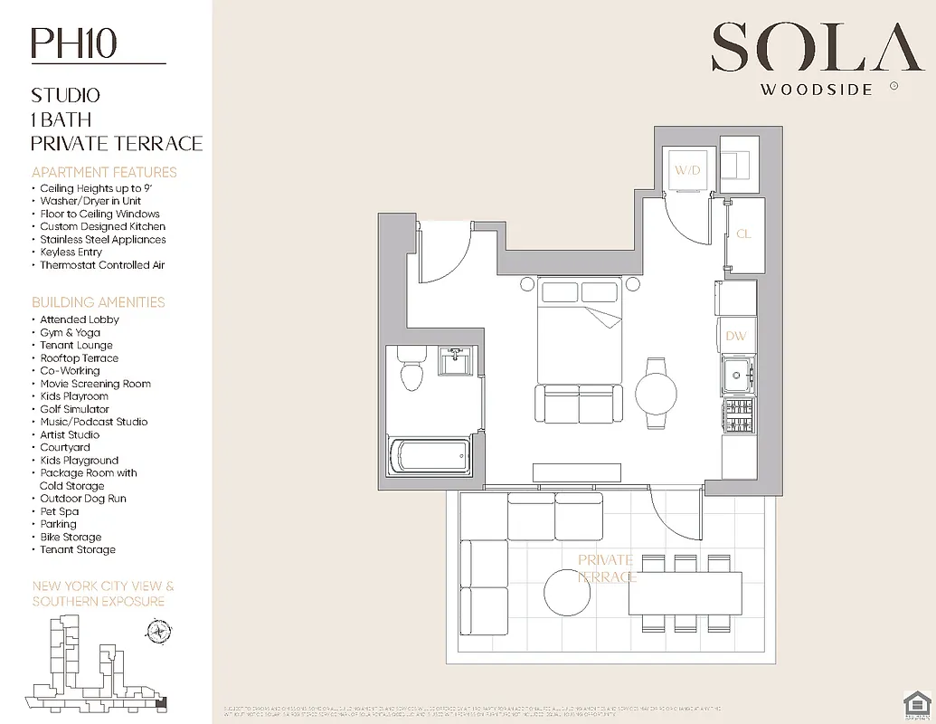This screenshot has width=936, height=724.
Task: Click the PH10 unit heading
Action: click(x=74, y=43)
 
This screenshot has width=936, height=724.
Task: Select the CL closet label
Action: click(x=743, y=234)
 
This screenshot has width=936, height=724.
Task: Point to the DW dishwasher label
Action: click(x=736, y=337)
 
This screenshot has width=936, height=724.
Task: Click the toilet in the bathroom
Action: click(x=411, y=368)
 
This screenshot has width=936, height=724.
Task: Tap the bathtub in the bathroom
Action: click(x=429, y=455)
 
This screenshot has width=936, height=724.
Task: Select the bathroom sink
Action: click(x=454, y=361)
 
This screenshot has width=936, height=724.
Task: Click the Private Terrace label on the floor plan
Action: click(x=606, y=568)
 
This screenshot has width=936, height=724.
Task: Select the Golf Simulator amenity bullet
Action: click(x=74, y=409)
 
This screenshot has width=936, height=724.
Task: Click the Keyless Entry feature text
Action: click(x=71, y=252)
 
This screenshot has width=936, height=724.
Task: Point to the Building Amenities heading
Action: click(x=99, y=302)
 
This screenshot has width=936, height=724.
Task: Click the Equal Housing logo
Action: click(x=916, y=702)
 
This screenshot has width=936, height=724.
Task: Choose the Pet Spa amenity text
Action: click(x=60, y=511)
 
